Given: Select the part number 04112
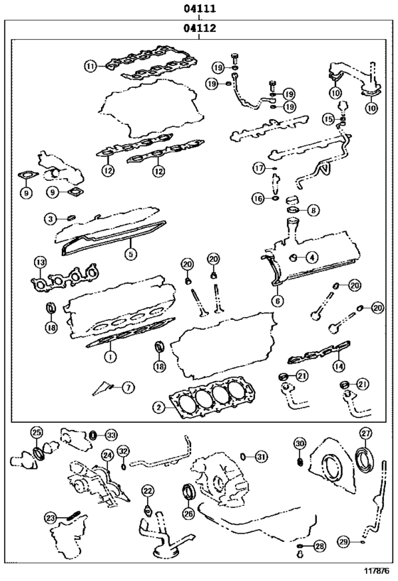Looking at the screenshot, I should pyautogui.click(x=199, y=29).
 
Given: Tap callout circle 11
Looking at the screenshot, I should pyautogui.click(x=90, y=66).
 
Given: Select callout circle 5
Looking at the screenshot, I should pyautogui.click(x=131, y=252).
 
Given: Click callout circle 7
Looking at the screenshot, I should pyautogui.click(x=127, y=387).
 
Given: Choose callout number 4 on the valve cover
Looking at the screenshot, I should pyautogui.click(x=311, y=257).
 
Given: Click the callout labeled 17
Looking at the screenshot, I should pyautogui.click(x=260, y=167).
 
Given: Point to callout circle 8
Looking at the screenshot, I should pyautogui.click(x=313, y=210).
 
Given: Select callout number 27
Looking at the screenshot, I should pyautogui.click(x=365, y=433).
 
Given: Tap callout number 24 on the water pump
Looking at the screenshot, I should pyautogui.click(x=107, y=455).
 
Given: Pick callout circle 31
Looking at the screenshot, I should pyautogui.click(x=261, y=456).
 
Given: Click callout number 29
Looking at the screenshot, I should pyautogui.click(x=343, y=542).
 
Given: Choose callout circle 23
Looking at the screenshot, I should pyautogui.click(x=50, y=517).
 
